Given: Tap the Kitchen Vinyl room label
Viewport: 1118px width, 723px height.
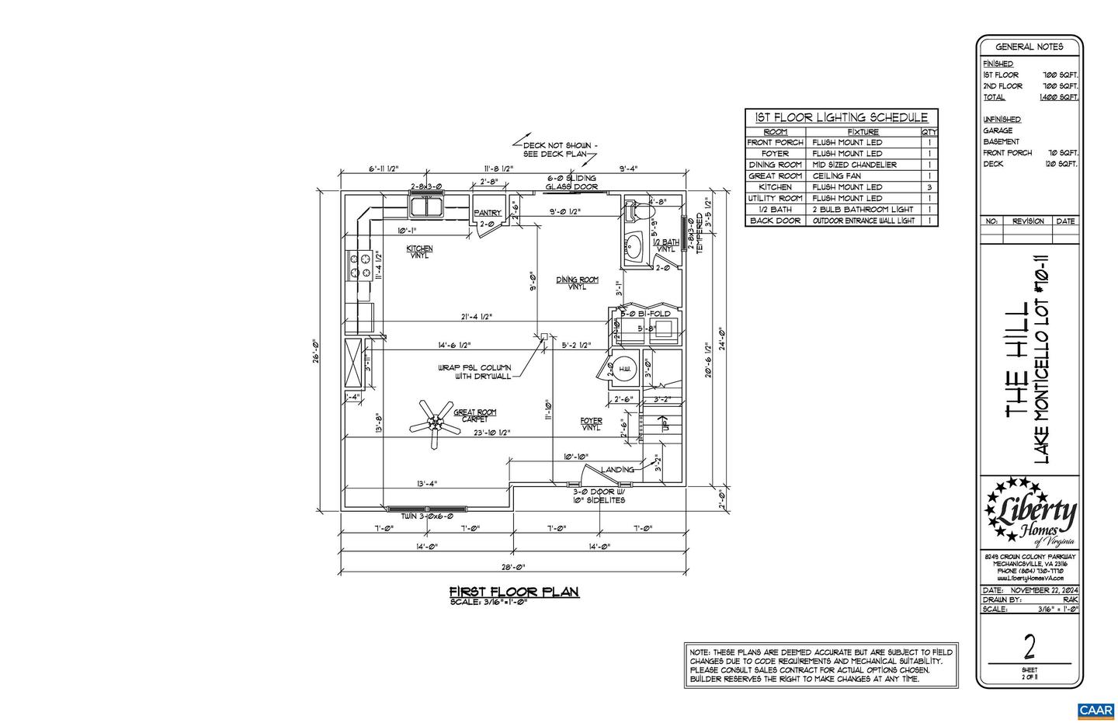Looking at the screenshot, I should pyautogui.click(x=419, y=252).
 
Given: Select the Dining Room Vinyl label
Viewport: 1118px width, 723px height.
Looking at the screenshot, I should pyautogui.click(x=577, y=283).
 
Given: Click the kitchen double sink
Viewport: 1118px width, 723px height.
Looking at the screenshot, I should pyautogui.click(x=426, y=207).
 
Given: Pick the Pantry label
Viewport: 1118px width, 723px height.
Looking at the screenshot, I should pyautogui.click(x=488, y=213).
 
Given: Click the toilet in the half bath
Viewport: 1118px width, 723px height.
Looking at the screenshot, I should pyautogui.click(x=641, y=211).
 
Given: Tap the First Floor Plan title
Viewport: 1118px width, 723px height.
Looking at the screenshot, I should pyautogui.click(x=515, y=592).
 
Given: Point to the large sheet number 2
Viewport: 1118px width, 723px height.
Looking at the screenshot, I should pyautogui.click(x=1029, y=646).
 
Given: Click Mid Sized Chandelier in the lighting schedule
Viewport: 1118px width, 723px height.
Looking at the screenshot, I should pyautogui.click(x=854, y=165).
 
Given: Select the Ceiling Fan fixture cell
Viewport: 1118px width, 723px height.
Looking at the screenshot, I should pyautogui.click(x=836, y=176).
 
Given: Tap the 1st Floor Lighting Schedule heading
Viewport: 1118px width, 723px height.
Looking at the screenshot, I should pyautogui.click(x=841, y=118).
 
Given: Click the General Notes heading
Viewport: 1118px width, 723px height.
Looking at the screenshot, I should pyautogui.click(x=1029, y=47).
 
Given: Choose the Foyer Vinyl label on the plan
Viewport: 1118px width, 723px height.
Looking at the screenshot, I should pyautogui.click(x=591, y=424).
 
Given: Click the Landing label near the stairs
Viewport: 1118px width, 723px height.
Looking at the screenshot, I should pyautogui.click(x=617, y=469).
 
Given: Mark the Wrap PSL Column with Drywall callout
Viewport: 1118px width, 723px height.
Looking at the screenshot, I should pyautogui.click(x=474, y=372).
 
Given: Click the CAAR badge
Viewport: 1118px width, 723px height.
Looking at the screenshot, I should pyautogui.click(x=1095, y=710).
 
